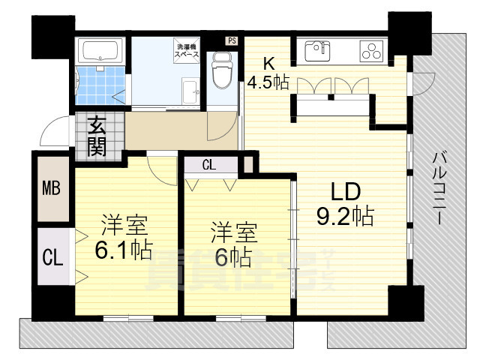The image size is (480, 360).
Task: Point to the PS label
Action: [232, 41]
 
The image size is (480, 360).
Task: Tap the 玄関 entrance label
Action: [96, 134]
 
